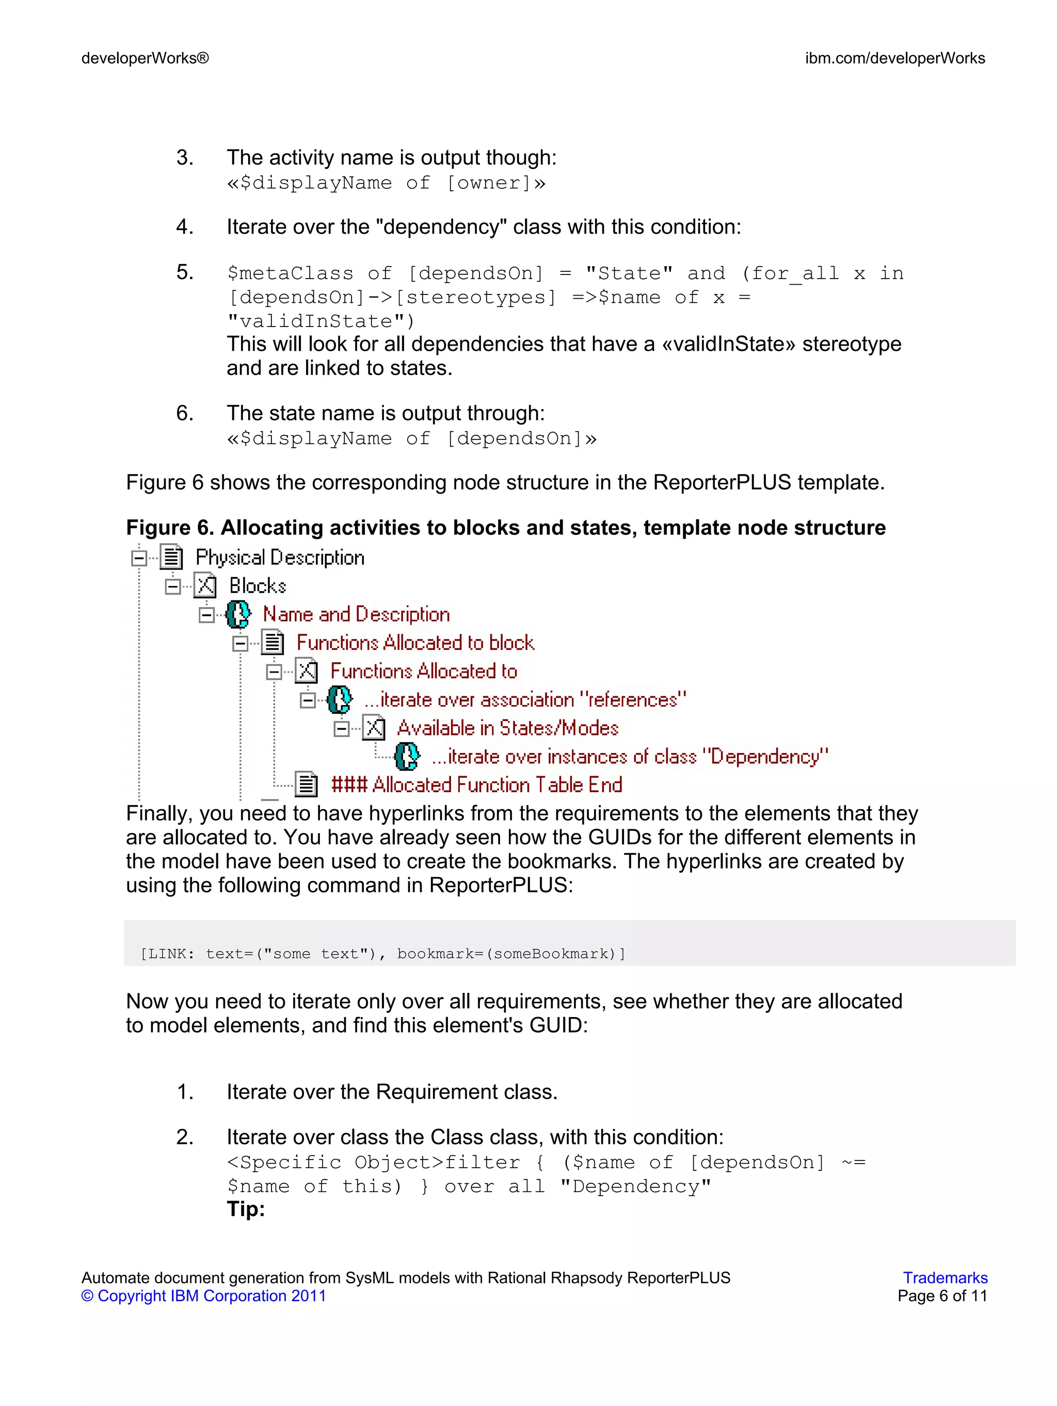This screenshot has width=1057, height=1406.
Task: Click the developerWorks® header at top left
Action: coord(145,58)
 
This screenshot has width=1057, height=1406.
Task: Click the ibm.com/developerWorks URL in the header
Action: coord(894,58)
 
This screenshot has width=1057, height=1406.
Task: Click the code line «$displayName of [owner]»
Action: coord(386,183)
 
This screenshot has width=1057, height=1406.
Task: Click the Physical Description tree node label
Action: coord(280,558)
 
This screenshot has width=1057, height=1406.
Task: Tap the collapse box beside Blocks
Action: coord(172,586)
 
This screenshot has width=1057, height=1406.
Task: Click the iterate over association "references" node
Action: coord(525,700)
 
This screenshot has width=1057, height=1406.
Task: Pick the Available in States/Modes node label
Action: coord(507,728)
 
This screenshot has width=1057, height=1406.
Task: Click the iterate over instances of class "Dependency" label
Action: coord(630,757)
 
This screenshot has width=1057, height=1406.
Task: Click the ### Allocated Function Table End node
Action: coord(476,785)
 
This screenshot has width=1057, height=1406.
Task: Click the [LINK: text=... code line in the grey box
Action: coord(383,954)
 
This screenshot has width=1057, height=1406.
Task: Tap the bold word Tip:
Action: coord(246,1209)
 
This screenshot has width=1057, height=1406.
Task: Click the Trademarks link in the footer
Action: coord(944,1278)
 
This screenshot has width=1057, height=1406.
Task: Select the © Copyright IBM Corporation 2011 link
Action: coord(203,1296)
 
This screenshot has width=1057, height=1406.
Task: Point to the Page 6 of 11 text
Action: coord(942,1296)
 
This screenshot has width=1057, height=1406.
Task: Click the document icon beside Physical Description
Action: coord(171,558)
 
